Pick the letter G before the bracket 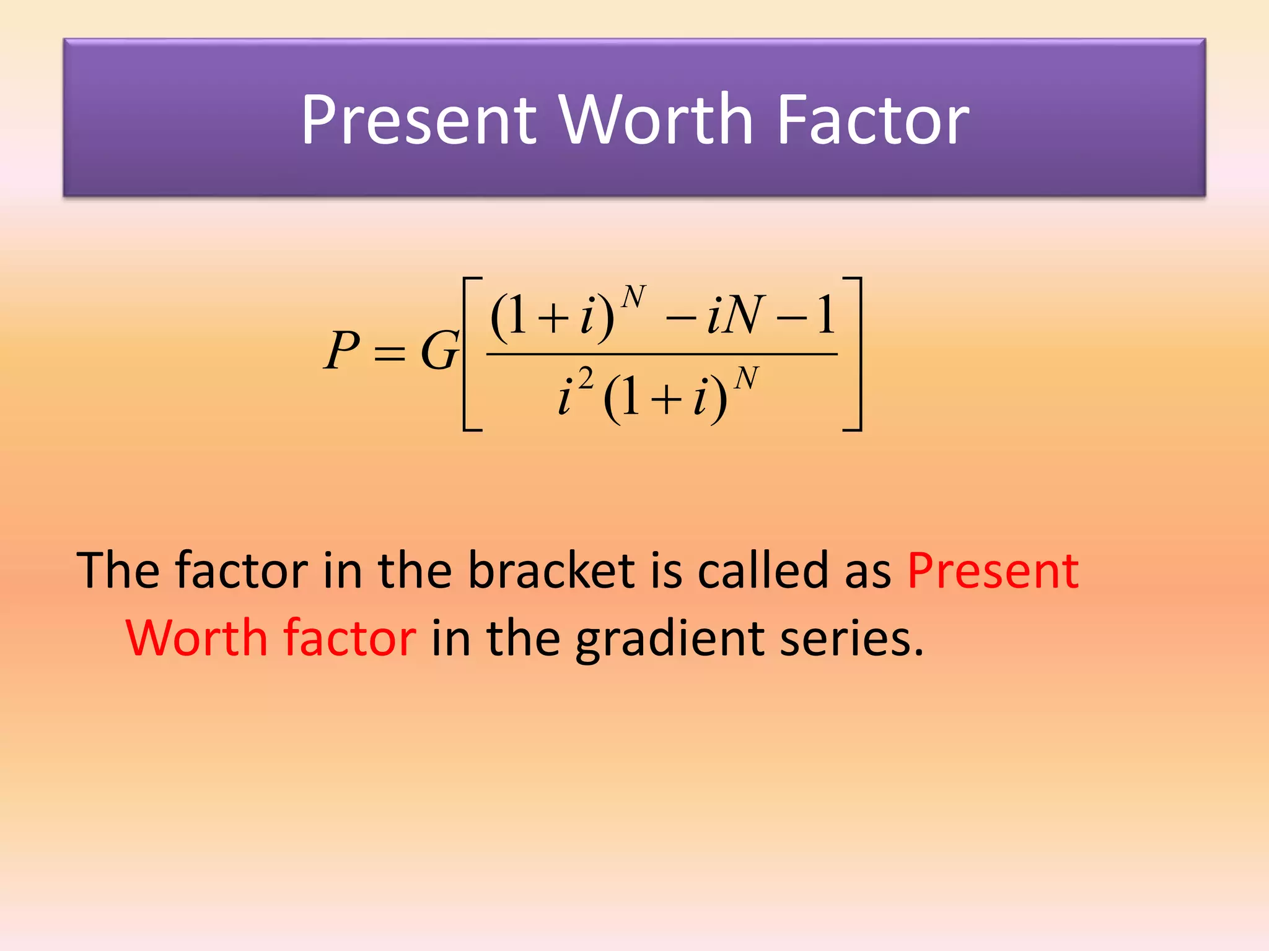point(439,351)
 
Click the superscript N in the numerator point(633,298)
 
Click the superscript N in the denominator point(746,378)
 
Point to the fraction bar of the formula point(662,354)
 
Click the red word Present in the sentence point(993,570)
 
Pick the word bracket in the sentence point(551,570)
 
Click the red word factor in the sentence point(349,638)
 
